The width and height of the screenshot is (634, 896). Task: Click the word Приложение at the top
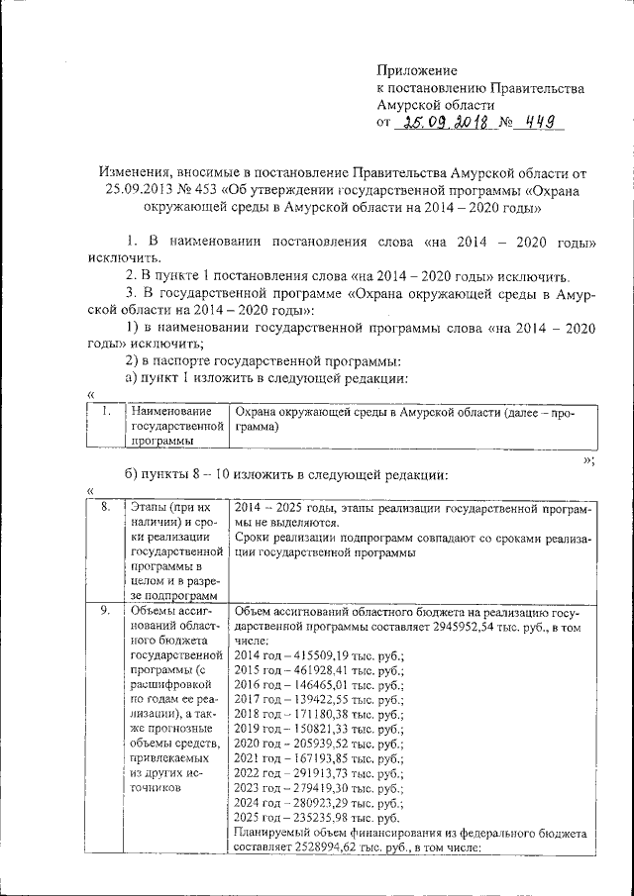(417, 70)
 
